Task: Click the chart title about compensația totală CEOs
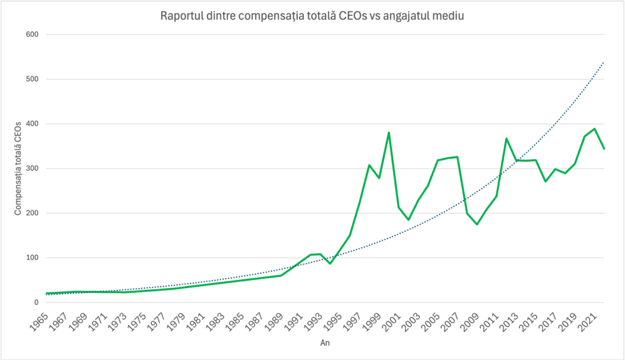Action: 312,16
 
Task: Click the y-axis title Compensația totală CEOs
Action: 18,168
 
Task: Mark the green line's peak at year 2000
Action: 389,132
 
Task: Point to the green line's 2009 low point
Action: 477,225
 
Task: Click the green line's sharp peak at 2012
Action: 507,139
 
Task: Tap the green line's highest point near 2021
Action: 594,129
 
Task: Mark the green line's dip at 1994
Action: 330,263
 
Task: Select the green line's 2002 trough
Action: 408,220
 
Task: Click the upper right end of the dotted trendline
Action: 604,62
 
